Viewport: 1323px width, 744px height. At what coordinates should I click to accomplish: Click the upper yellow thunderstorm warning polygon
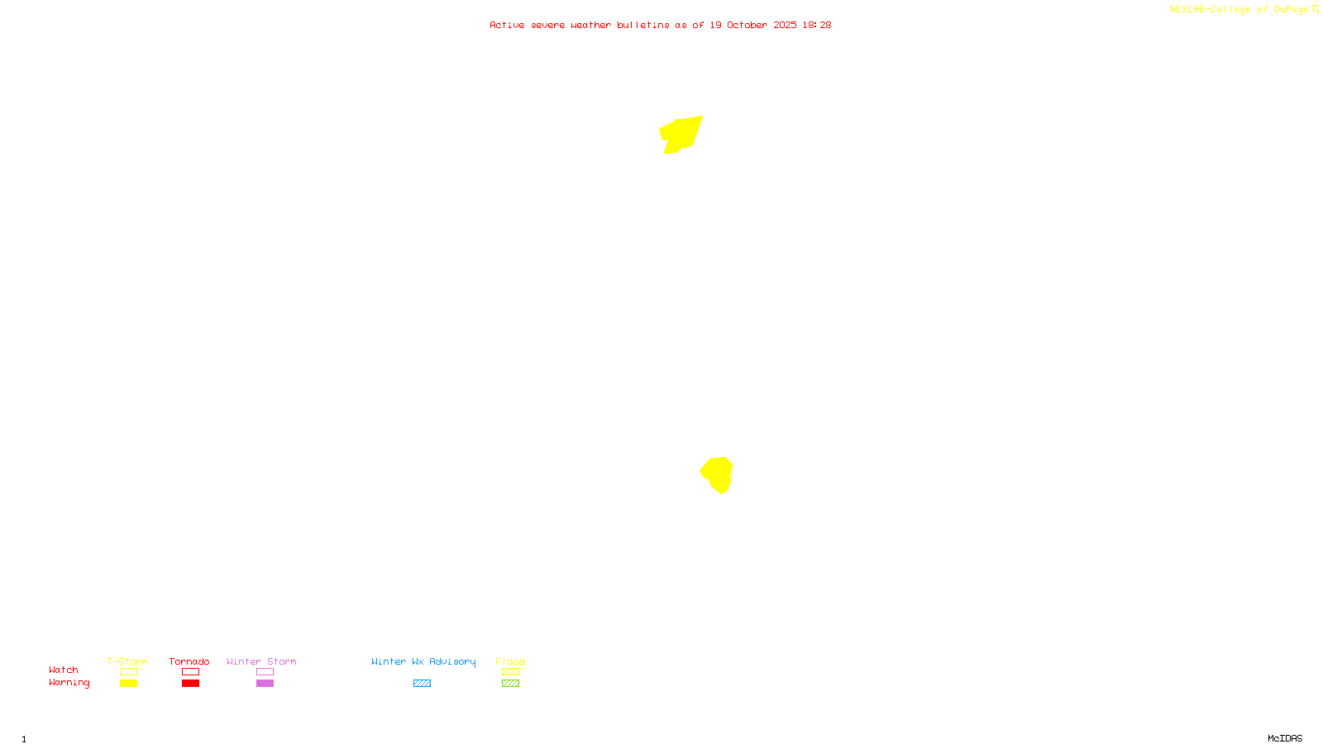coord(681,133)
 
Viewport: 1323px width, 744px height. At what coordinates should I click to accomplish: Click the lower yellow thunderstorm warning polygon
coord(718,474)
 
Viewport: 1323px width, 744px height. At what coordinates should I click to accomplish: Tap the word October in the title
coord(747,25)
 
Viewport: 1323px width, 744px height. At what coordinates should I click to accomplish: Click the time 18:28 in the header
coord(816,25)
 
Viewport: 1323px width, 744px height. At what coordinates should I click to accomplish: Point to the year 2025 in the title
coord(786,25)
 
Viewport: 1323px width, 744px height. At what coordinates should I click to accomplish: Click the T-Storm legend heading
coord(127,661)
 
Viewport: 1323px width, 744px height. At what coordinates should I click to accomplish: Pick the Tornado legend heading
coord(189,661)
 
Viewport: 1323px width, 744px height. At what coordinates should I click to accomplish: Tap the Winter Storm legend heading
coord(261,661)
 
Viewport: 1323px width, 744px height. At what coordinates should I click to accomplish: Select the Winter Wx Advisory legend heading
coord(423,661)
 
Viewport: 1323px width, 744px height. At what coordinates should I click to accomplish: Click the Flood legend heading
coord(510,661)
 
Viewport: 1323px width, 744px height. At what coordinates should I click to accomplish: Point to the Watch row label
coord(64,670)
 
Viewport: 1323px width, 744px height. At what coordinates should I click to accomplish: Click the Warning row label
coord(69,683)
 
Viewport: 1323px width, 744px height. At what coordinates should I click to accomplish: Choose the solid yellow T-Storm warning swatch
coord(128,684)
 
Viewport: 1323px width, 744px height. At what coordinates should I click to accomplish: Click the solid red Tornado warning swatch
coord(190,684)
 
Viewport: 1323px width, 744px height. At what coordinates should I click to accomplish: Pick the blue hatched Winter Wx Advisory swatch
coord(422,684)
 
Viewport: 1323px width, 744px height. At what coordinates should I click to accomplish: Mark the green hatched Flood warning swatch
coord(510,684)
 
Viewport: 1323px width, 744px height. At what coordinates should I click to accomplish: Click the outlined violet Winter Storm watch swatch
coord(265,672)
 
